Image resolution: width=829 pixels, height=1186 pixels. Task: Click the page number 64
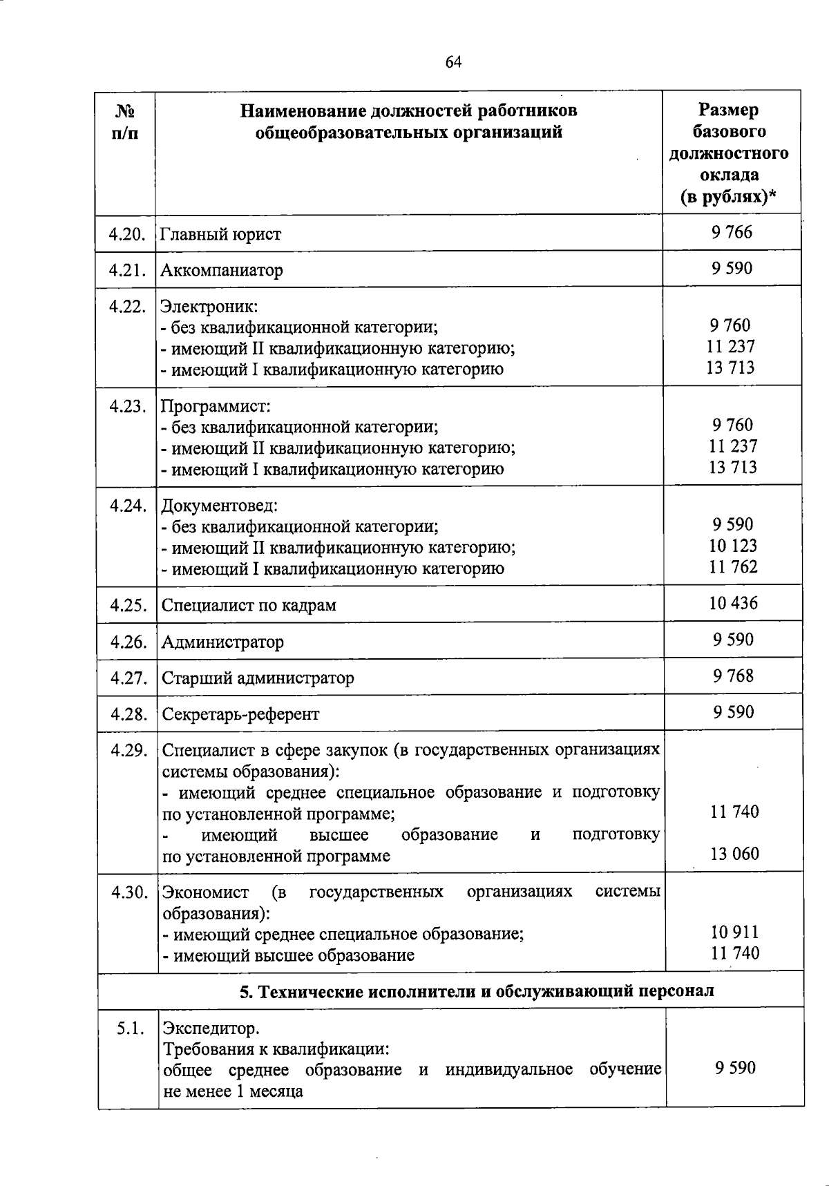coord(453,62)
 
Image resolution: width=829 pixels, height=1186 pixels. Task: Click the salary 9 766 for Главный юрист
coord(732,232)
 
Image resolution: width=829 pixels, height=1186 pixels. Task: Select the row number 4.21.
coord(126,270)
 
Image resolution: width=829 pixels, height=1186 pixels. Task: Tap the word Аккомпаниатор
coord(222,270)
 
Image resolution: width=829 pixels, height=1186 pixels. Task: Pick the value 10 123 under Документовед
coord(733,546)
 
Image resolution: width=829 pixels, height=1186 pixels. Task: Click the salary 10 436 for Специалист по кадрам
coord(733,603)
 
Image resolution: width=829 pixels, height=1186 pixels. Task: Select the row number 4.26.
coord(128,642)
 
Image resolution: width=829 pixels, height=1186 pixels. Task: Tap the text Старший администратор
coord(258,678)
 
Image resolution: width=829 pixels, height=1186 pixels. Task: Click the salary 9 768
coord(733,676)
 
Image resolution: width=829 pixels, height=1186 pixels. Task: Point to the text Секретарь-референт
coord(240,714)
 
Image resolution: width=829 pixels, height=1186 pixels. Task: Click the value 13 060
coord(734,854)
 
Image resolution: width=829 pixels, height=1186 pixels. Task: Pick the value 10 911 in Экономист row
coord(734,932)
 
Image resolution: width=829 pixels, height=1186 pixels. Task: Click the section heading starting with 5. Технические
coord(477,991)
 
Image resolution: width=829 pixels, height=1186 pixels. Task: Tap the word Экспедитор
coord(211,1029)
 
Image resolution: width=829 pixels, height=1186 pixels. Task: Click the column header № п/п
coord(124,121)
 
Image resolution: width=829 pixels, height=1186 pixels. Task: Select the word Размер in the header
coord(728,110)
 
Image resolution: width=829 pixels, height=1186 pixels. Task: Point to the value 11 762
coord(733,567)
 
